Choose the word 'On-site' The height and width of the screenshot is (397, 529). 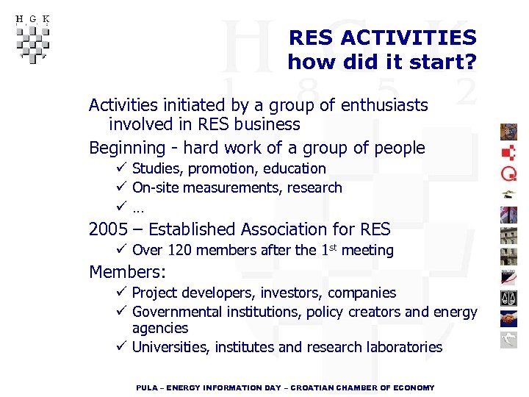tap(155, 187)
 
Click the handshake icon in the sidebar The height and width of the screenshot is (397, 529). tap(508, 319)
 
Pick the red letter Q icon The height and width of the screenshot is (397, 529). tap(508, 174)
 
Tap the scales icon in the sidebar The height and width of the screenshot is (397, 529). tap(508, 298)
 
